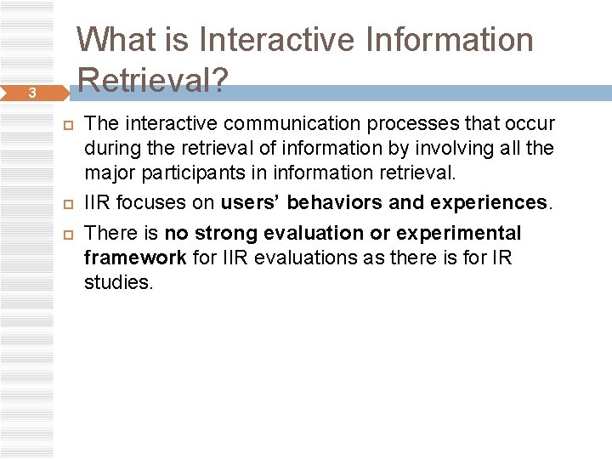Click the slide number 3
pyautogui.click(x=31, y=93)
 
